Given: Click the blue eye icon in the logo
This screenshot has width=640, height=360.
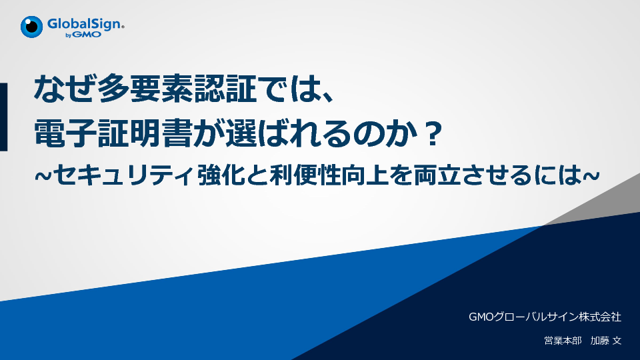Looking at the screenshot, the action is [31, 27].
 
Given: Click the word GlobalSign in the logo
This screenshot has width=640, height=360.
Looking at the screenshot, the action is [85, 24].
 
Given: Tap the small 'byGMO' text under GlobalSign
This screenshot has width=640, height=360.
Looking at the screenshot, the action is [83, 35].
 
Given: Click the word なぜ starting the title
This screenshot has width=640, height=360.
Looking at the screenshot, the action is [65, 89].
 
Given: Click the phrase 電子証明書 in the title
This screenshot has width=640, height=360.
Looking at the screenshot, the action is [113, 133].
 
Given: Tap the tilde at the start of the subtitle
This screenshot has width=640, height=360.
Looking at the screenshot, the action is [43, 176].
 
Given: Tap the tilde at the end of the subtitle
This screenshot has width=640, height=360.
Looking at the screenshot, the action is [591, 176].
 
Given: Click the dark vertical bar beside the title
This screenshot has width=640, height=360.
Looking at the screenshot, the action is [4, 117].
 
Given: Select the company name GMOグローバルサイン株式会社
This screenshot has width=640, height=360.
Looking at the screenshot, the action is [545, 317].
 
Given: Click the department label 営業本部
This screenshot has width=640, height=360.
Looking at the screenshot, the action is [563, 341].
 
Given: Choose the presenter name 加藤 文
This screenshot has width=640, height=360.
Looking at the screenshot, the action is [606, 341].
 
